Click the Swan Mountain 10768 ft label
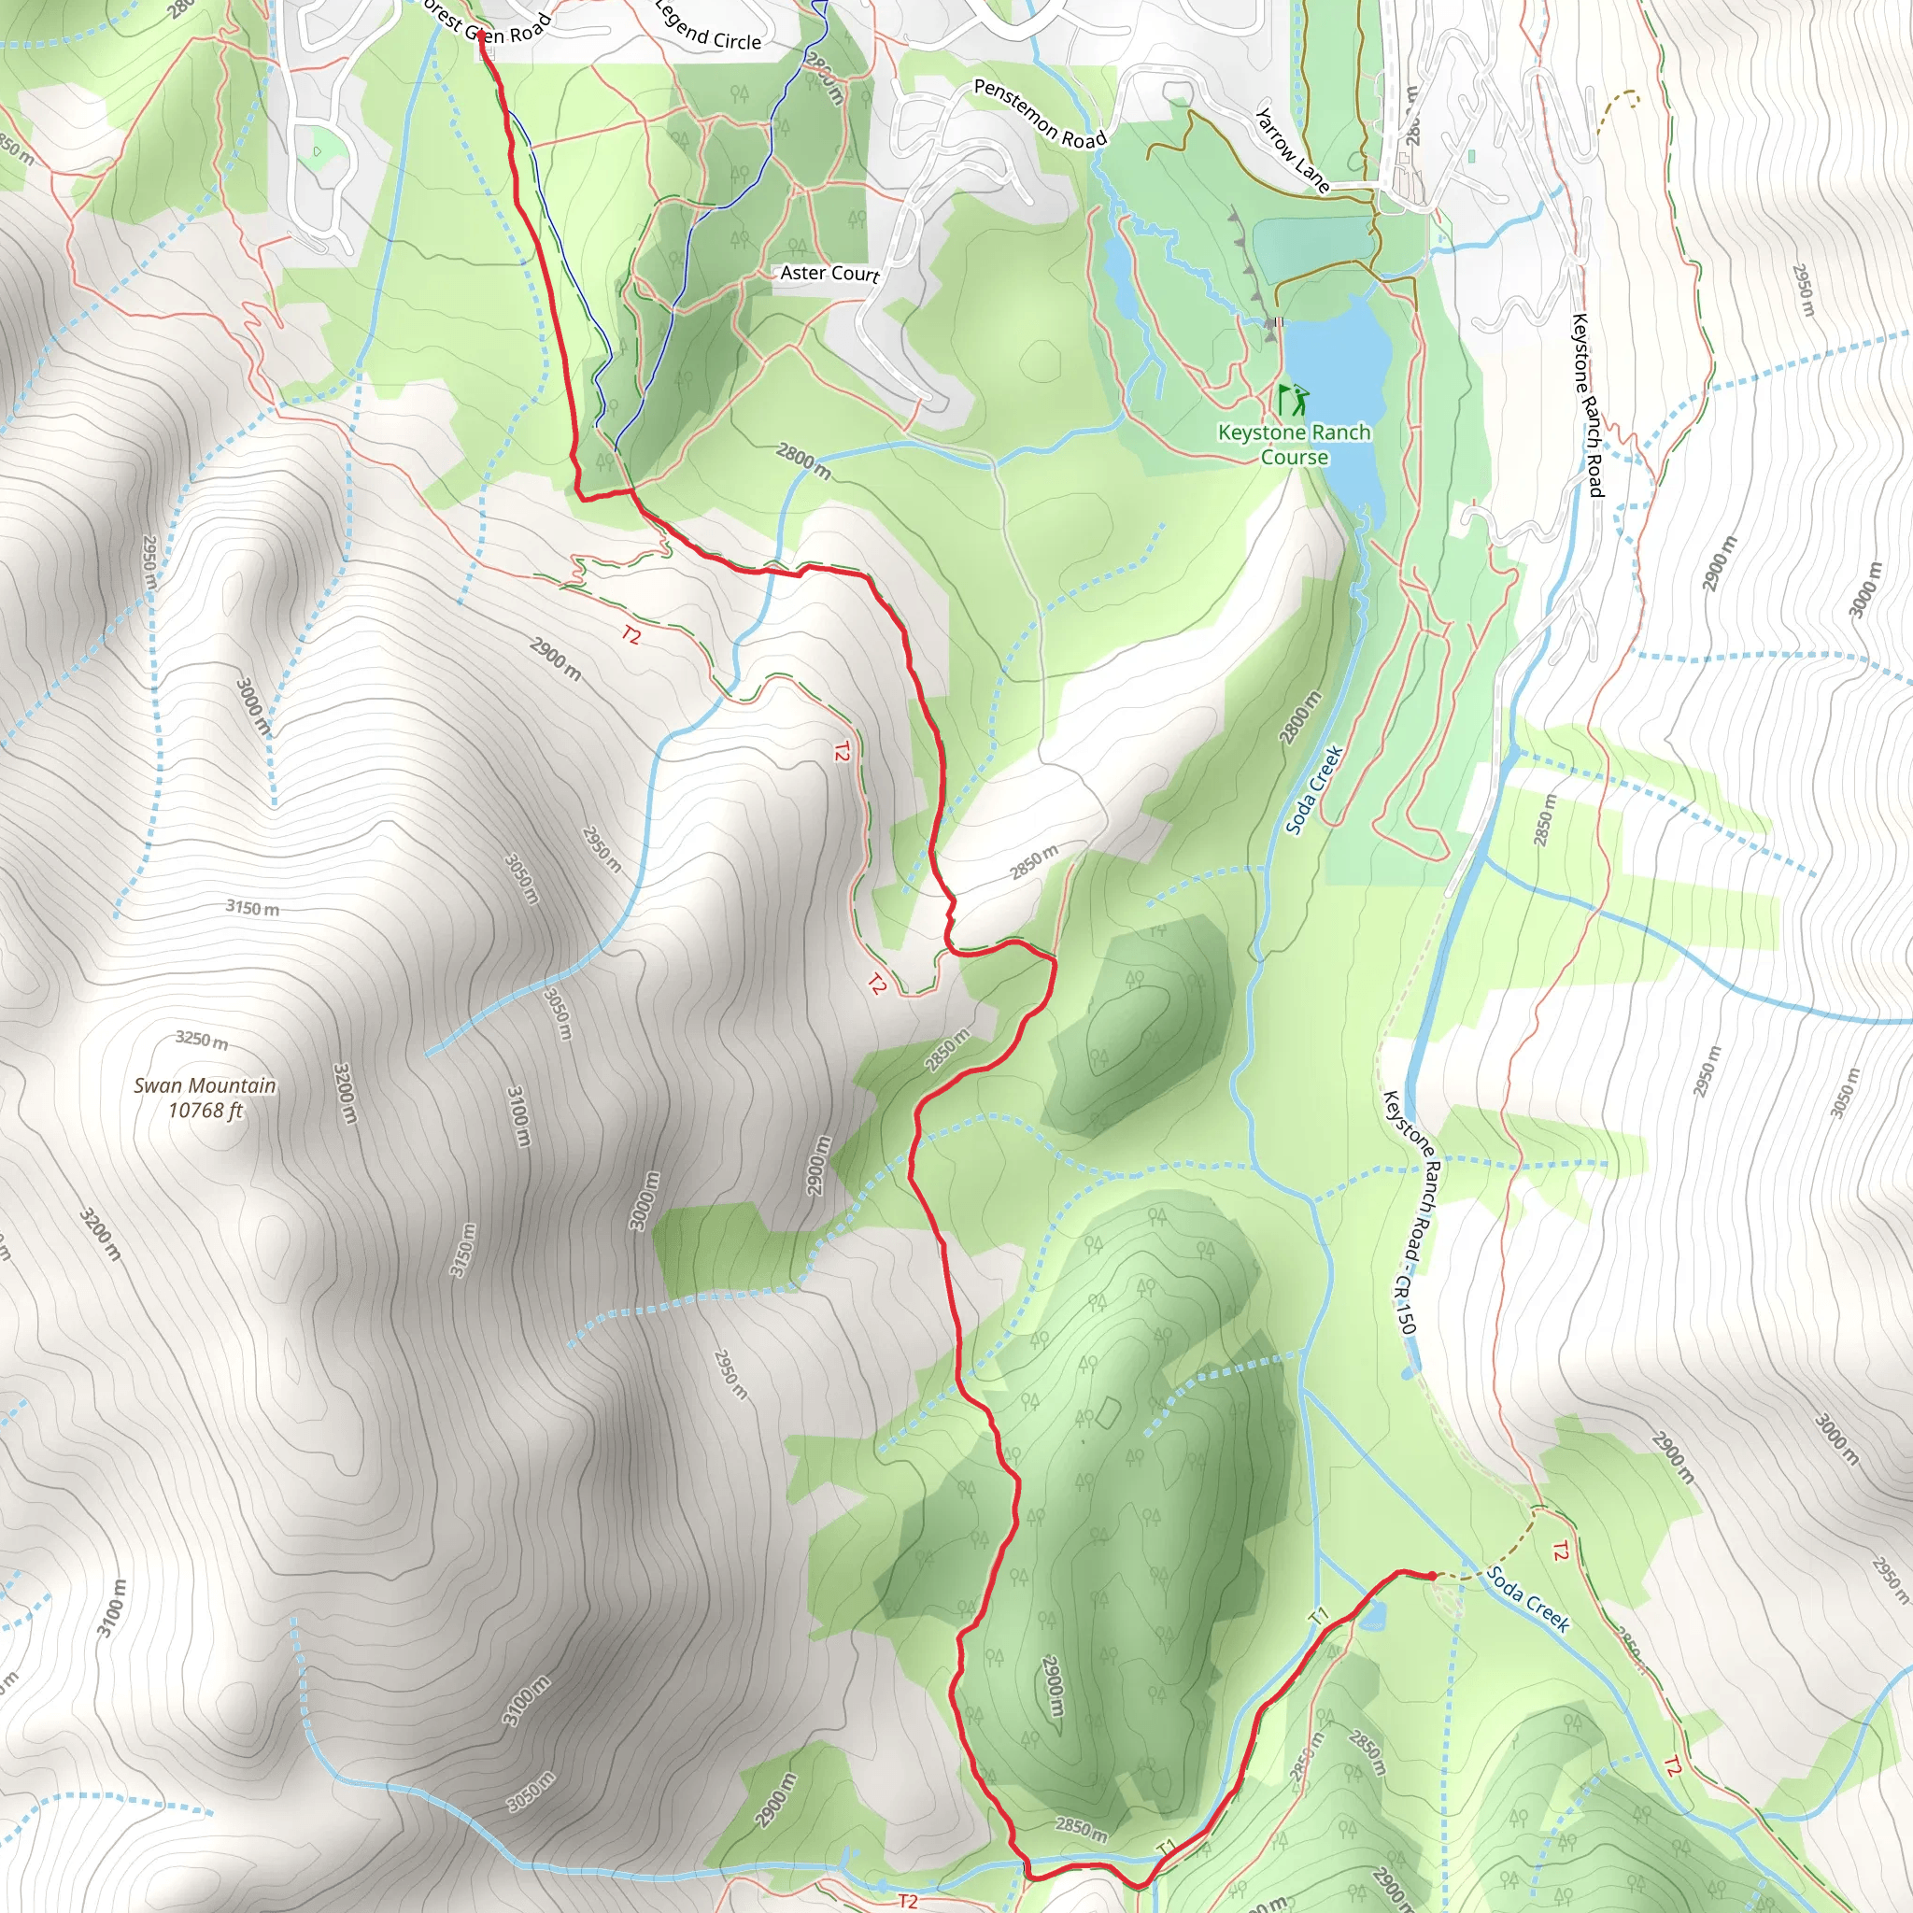click(x=205, y=1098)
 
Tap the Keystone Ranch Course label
click(x=1294, y=445)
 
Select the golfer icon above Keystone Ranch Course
click(x=1293, y=400)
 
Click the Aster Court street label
click(x=829, y=274)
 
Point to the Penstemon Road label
click(x=1040, y=114)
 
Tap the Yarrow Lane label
click(x=1291, y=149)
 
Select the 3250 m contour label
click(x=201, y=1040)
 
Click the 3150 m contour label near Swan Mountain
click(x=251, y=907)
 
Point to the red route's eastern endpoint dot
click(x=1432, y=1576)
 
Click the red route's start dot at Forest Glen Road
click(x=481, y=35)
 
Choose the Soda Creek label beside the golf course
click(x=1314, y=789)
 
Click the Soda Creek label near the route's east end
click(x=1528, y=1598)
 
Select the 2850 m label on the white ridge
click(x=1034, y=862)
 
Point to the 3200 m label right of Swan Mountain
click(x=344, y=1093)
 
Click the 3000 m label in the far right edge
click(x=1864, y=590)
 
